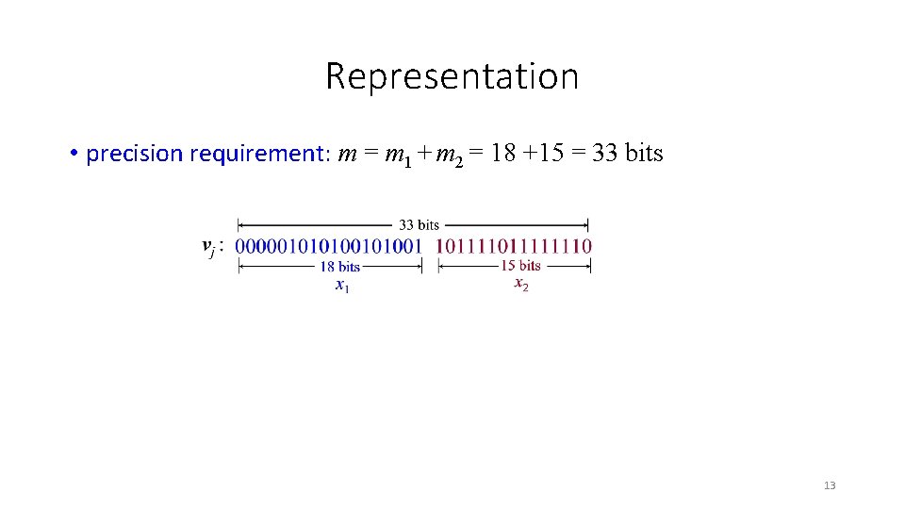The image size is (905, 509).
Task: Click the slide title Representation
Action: click(452, 76)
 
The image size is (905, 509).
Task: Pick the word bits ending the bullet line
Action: click(644, 153)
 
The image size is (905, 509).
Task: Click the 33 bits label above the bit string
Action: click(419, 225)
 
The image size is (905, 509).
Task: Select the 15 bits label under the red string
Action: click(519, 266)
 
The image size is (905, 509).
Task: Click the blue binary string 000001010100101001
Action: click(328, 247)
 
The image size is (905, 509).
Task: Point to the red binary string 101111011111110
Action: click(514, 247)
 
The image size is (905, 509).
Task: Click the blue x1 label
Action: click(342, 286)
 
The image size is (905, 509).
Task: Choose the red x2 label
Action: click(520, 284)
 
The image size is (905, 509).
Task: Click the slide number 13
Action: click(830, 485)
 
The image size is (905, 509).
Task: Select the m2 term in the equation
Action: click(450, 155)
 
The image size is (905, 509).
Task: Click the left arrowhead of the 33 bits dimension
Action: click(241, 225)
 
